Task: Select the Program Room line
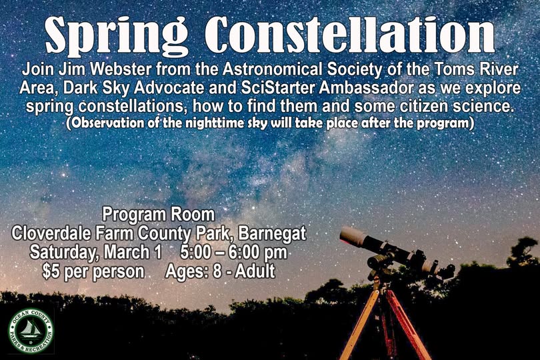click(x=159, y=215)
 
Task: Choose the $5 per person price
click(x=93, y=272)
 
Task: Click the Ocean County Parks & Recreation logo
click(x=31, y=330)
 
